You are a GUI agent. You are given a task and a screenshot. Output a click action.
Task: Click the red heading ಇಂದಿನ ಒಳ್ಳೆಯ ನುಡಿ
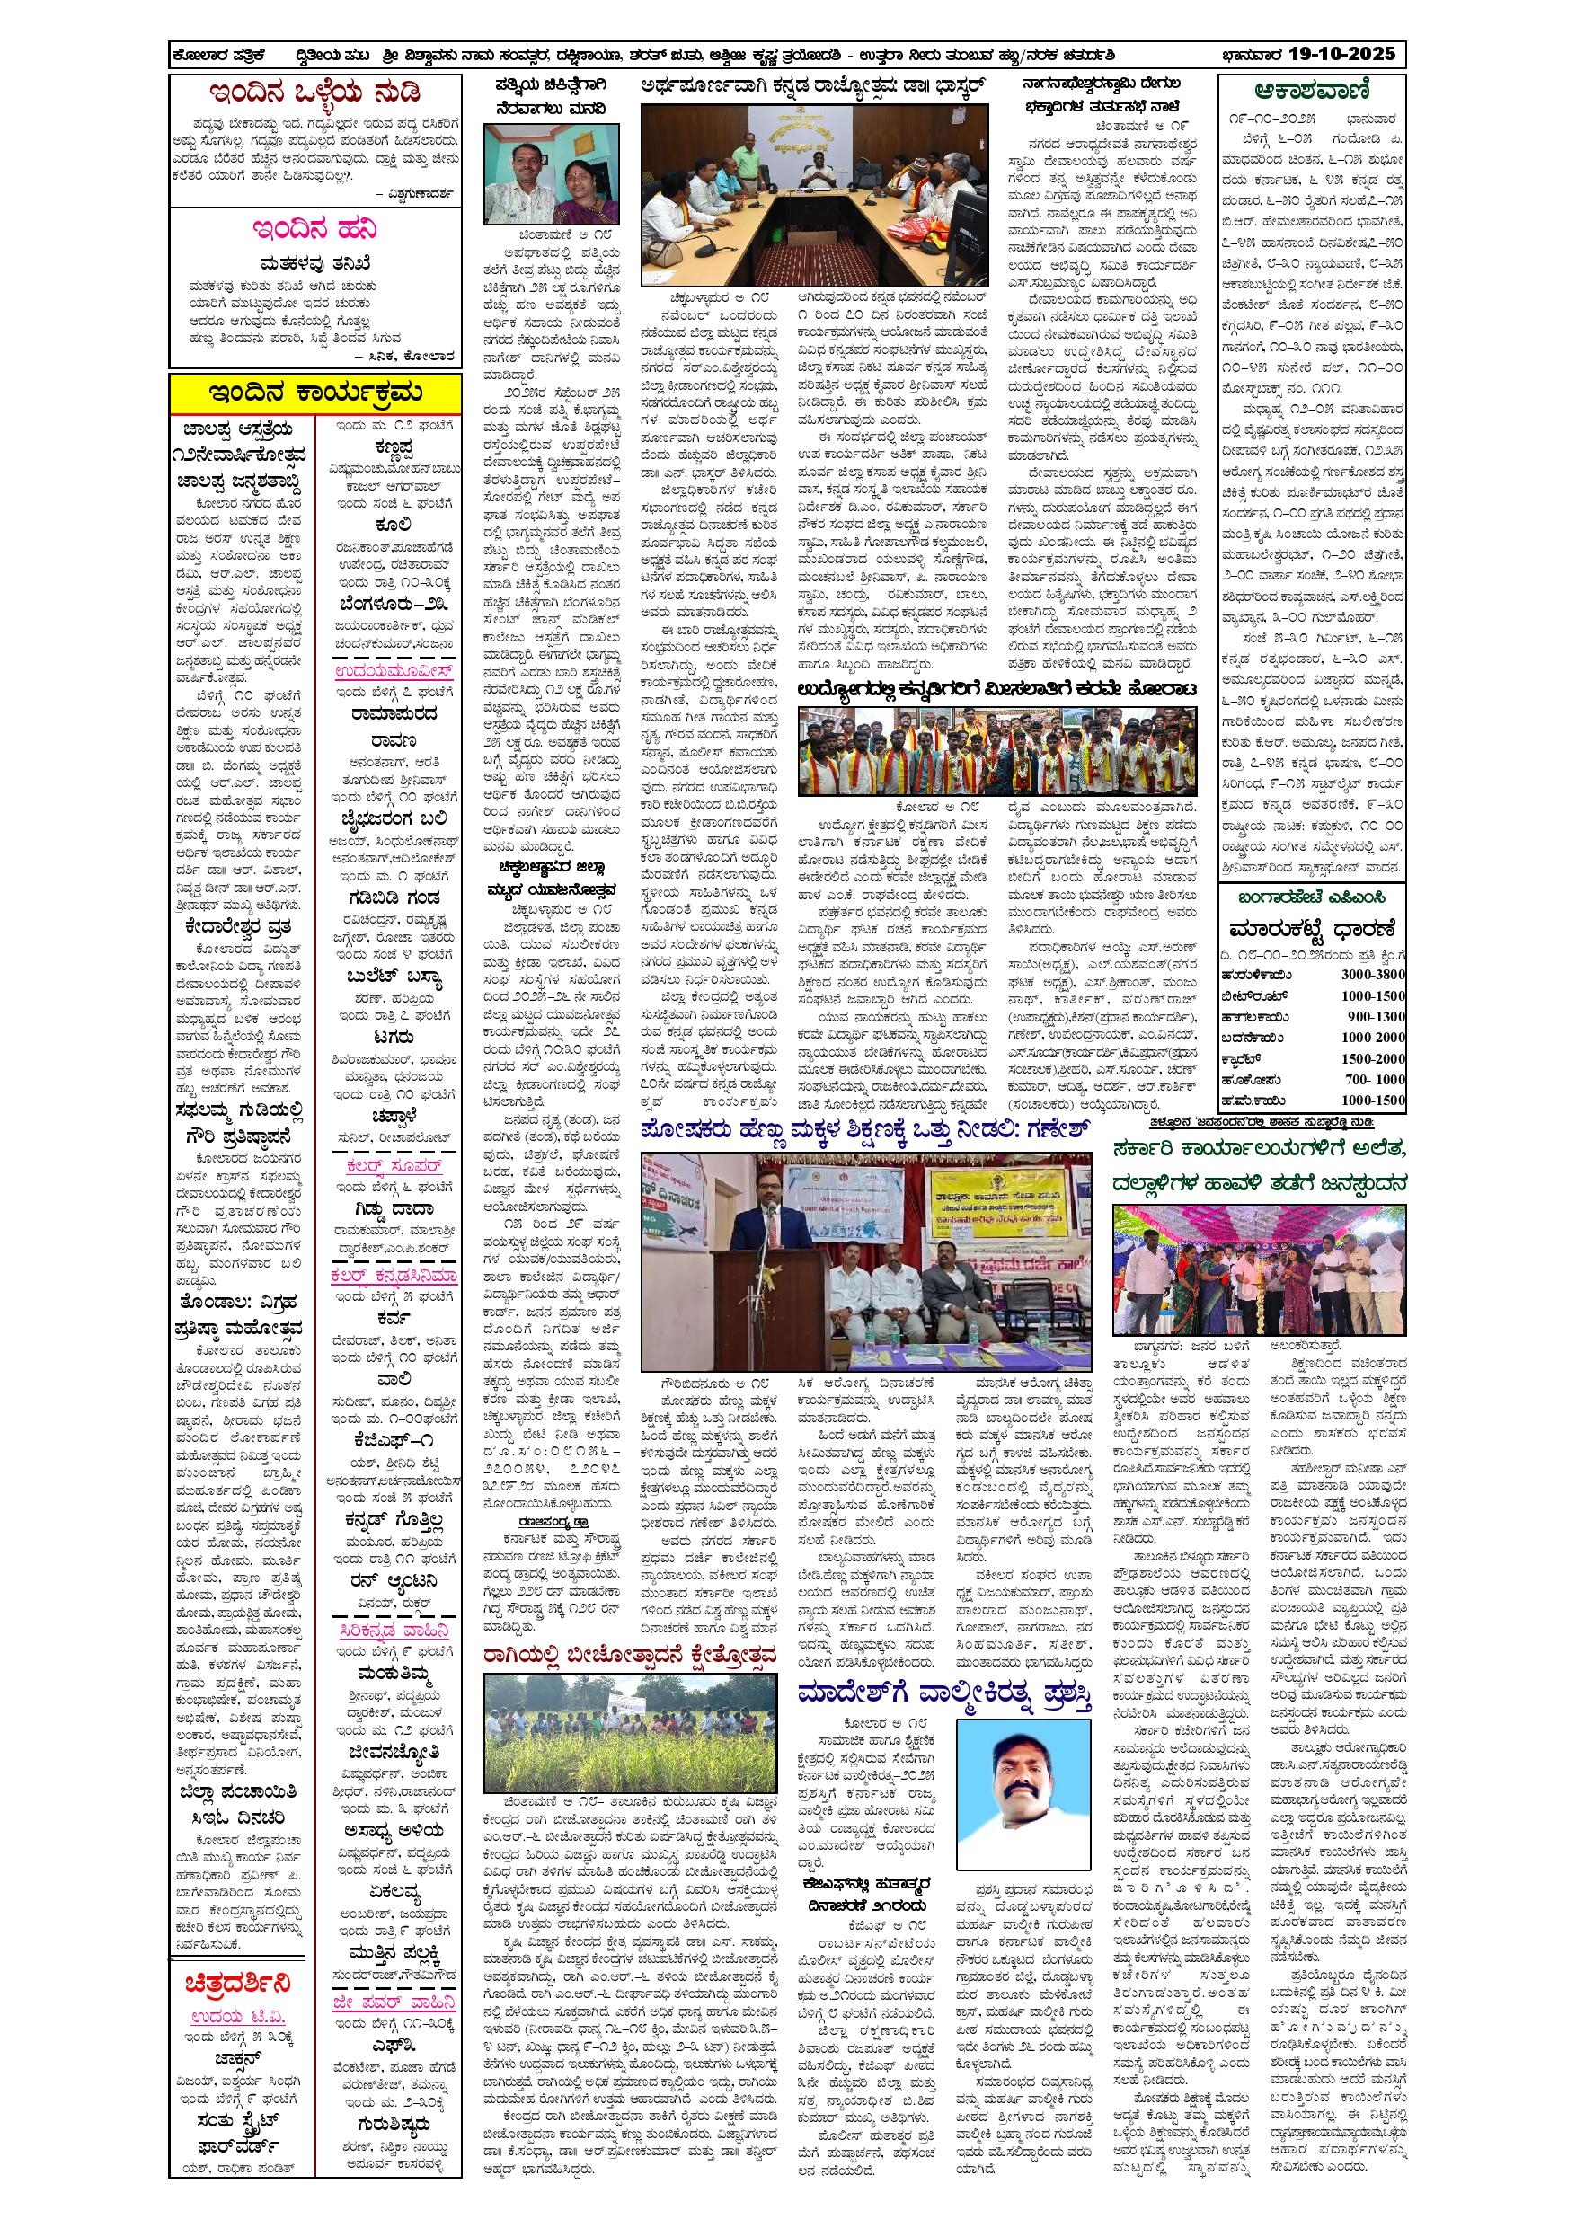tap(314, 94)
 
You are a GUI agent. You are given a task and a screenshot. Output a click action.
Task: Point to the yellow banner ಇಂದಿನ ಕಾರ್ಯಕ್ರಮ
tap(314, 392)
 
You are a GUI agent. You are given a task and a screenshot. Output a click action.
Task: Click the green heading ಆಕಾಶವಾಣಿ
tap(1311, 92)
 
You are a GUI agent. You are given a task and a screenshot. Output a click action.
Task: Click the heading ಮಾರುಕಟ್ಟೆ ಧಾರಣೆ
tap(1311, 929)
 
